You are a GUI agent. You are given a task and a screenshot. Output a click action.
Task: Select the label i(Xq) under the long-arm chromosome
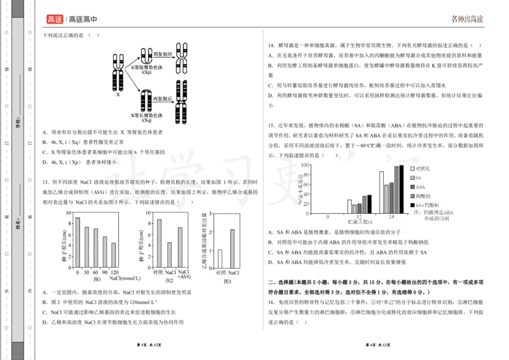pyautogui.click(x=147, y=120)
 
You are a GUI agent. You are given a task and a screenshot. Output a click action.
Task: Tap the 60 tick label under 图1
pyautogui.click(x=96, y=272)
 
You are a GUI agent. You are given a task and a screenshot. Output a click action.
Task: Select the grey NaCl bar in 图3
pyautogui.click(x=232, y=248)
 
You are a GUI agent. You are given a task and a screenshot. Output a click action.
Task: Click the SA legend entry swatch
pyautogui.click(x=412, y=178)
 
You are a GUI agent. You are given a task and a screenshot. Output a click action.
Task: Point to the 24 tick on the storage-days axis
pyautogui.click(x=391, y=217)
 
